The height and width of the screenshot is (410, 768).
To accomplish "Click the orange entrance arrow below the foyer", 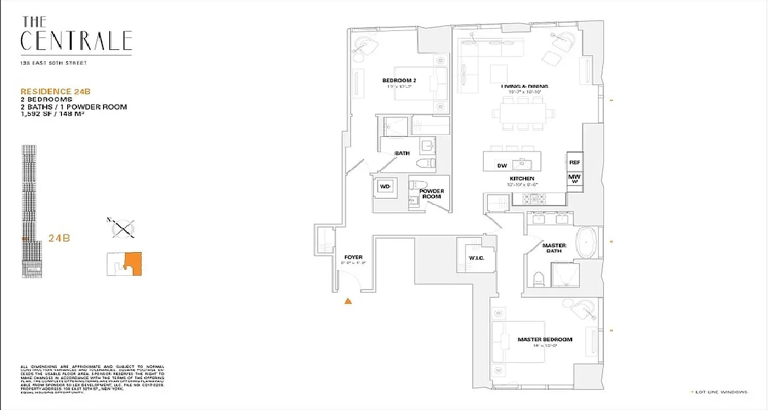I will tap(348, 301).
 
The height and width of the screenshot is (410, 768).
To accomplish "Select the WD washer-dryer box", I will tap(385, 187).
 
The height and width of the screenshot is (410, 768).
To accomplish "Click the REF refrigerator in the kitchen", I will tap(574, 162).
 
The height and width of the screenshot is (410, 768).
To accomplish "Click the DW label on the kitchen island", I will tap(502, 165).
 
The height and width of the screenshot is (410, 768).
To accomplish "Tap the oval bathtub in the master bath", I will tap(586, 243).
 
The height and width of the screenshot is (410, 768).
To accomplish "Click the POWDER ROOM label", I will tap(431, 194).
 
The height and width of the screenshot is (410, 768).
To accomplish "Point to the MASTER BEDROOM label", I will tap(545, 339).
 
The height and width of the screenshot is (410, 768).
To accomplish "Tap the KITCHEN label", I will tap(522, 178).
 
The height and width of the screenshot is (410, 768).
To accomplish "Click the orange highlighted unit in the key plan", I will tap(134, 263).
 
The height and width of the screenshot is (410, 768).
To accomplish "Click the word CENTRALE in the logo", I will tap(76, 41).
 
